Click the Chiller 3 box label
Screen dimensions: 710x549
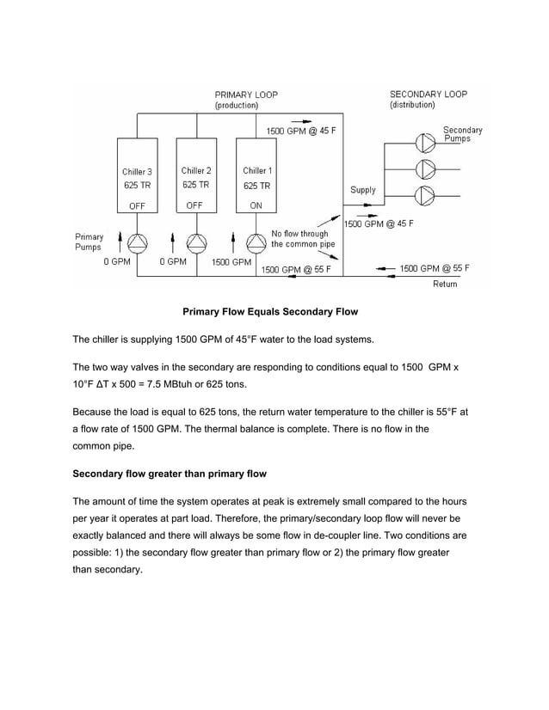point(137,171)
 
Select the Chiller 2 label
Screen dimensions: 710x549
point(196,170)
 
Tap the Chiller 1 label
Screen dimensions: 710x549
point(256,170)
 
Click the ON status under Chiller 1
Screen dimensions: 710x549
point(256,205)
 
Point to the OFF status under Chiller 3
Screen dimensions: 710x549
point(137,205)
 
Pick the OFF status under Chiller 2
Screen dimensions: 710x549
point(196,205)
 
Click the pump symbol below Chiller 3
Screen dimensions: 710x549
point(138,240)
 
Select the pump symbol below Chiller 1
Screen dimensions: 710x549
point(256,240)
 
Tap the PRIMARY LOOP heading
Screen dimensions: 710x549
point(245,94)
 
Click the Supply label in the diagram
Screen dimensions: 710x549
point(362,190)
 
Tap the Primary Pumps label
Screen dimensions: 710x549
point(89,242)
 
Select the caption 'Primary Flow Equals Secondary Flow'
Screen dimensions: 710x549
point(269,311)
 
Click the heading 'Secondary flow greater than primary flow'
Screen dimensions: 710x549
point(170,474)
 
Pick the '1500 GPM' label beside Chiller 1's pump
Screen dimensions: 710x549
point(230,262)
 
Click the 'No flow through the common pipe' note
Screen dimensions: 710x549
point(299,239)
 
